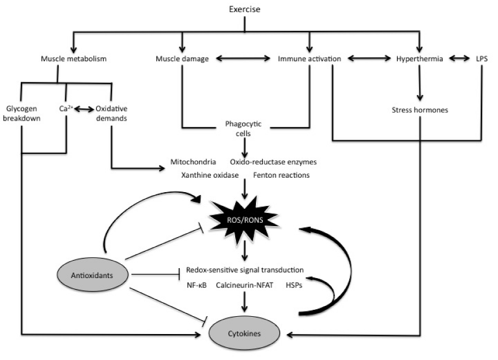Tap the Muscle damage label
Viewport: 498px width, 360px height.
click(182, 59)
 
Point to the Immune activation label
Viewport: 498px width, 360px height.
click(310, 59)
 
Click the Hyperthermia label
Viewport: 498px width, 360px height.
click(420, 59)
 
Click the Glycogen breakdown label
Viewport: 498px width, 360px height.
click(22, 114)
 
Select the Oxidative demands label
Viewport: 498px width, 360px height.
click(111, 114)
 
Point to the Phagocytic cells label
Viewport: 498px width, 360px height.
click(244, 129)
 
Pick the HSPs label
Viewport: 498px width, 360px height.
click(295, 286)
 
